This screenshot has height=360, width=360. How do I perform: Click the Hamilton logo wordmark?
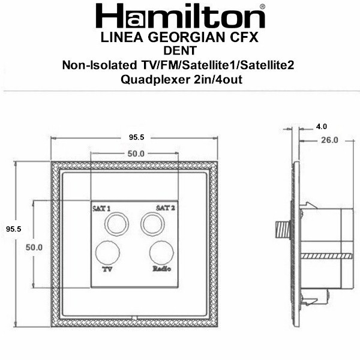click(x=181, y=16)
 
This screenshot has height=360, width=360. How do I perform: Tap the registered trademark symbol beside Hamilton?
click(x=263, y=7)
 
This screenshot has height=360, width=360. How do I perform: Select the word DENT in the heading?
click(x=180, y=50)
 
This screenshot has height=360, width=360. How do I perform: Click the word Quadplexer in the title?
click(x=155, y=80)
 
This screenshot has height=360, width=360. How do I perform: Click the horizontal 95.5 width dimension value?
click(x=136, y=137)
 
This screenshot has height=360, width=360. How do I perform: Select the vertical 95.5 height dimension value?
click(x=14, y=229)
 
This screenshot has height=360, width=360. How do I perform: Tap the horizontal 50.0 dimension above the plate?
click(x=136, y=154)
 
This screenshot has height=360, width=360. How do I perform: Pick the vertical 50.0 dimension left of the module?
click(x=34, y=247)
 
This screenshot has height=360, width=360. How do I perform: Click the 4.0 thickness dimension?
click(x=322, y=127)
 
